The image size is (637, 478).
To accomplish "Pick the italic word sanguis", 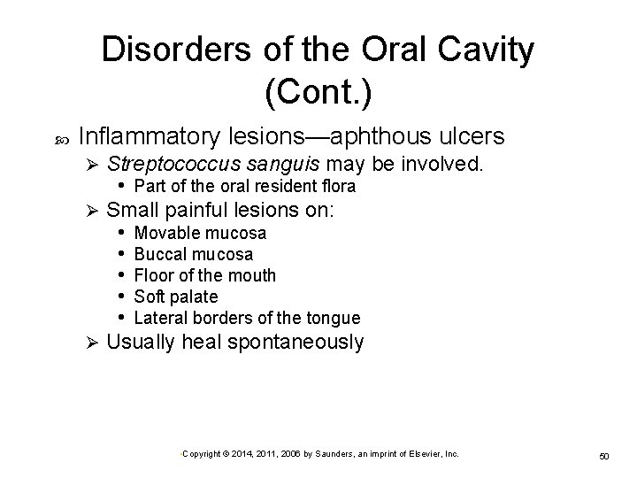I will click(281, 163).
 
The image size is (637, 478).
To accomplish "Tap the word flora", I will click(337, 186).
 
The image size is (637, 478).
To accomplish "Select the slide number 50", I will click(605, 455).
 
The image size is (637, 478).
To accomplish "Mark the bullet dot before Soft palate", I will click(121, 297).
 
